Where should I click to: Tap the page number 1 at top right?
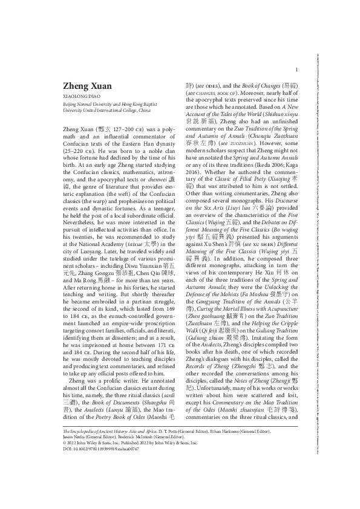coord(296,70)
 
